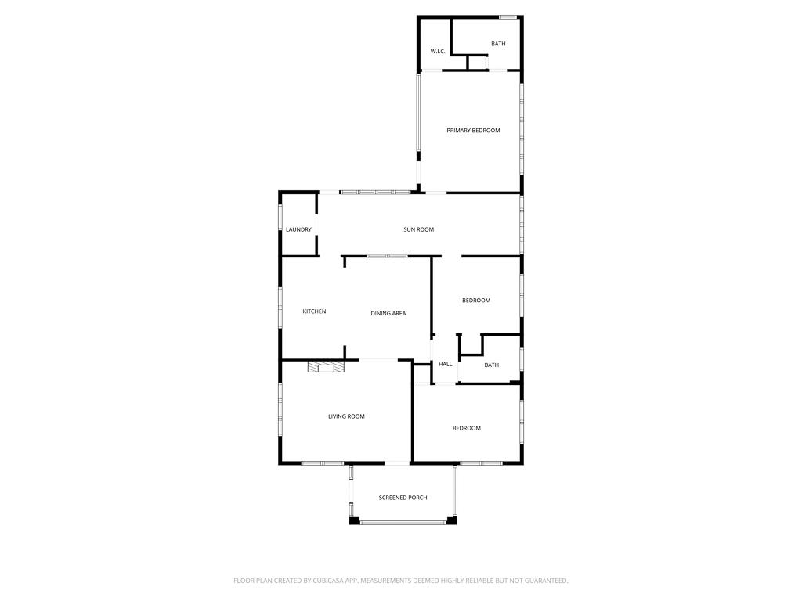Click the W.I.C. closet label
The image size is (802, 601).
tap(438, 52)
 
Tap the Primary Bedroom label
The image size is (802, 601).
tap(473, 131)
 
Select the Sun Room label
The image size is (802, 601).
tap(418, 229)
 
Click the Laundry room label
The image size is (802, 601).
tap(298, 229)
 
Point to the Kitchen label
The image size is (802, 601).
tap(314, 311)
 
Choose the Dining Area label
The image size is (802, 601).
tap(388, 314)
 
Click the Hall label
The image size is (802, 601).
tap(446, 364)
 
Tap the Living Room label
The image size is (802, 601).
tap(346, 416)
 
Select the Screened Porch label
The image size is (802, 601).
tap(403, 498)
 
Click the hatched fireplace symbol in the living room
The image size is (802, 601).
tap(325, 366)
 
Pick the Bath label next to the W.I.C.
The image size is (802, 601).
tap(498, 44)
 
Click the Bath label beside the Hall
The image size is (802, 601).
tap(491, 365)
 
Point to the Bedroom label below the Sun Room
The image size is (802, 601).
tap(475, 300)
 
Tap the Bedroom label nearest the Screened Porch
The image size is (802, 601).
tap(466, 428)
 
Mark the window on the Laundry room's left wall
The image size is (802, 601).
tap(280, 218)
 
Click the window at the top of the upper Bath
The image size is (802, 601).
tap(508, 16)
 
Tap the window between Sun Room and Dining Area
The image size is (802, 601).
tap(387, 256)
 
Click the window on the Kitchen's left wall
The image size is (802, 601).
tap(280, 308)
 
